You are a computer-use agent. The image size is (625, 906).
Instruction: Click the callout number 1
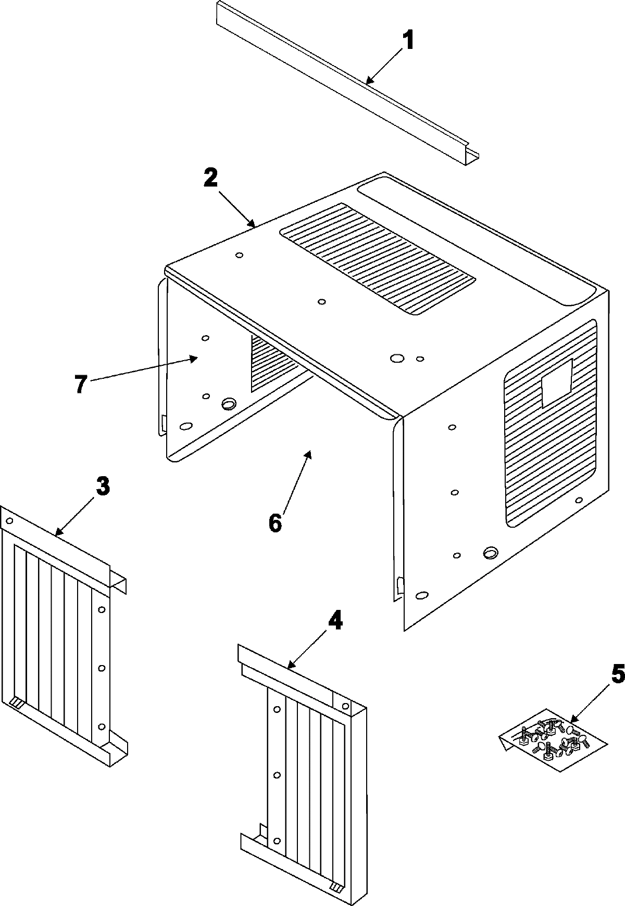[409, 40]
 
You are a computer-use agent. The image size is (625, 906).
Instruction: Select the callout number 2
[210, 179]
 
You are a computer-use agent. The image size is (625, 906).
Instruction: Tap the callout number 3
[103, 486]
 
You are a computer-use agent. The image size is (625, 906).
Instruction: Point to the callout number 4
[334, 621]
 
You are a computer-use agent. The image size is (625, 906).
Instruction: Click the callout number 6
[275, 522]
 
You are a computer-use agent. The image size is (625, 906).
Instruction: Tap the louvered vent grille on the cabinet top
[378, 259]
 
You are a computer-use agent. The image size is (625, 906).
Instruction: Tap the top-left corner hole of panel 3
[9, 520]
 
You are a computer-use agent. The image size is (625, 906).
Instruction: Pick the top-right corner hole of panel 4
[345, 706]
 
